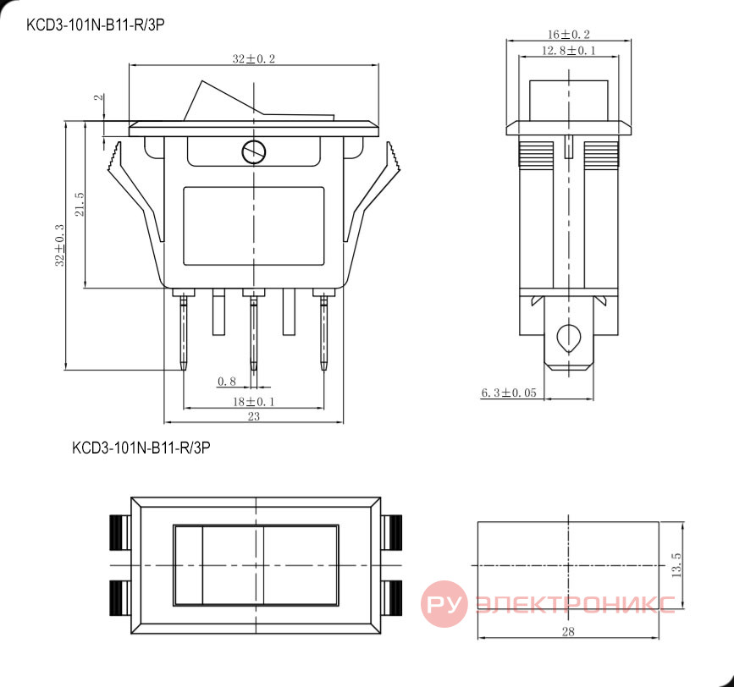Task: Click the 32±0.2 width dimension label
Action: [x=254, y=59]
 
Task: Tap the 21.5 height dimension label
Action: [x=79, y=205]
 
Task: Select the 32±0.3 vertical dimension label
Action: [x=59, y=245]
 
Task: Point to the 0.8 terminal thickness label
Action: [x=227, y=382]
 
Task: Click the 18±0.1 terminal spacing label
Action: [x=253, y=401]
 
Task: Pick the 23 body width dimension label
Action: [x=253, y=416]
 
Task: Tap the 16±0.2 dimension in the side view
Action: [x=568, y=34]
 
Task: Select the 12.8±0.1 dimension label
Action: [x=568, y=50]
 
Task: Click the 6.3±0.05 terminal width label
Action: [x=508, y=393]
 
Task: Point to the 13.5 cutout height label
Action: [x=676, y=565]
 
